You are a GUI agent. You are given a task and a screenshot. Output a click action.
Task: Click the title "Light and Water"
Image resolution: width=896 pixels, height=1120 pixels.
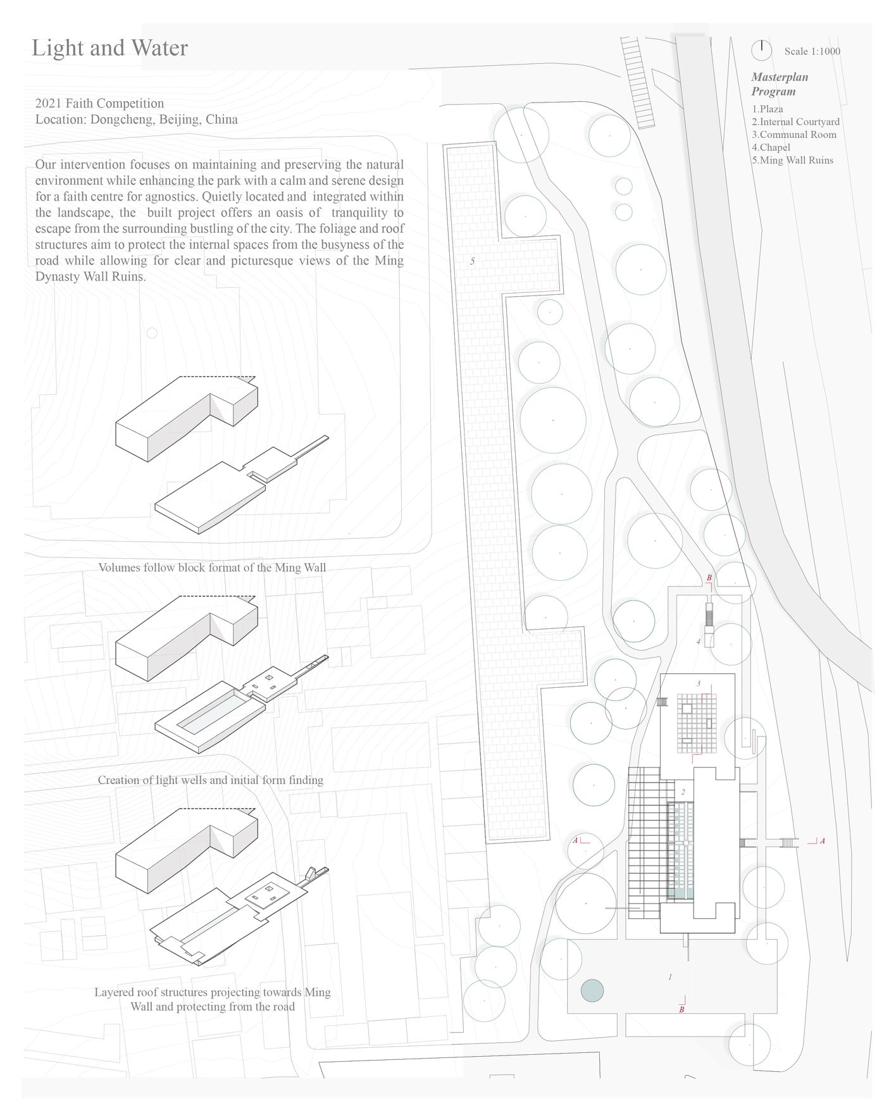click(109, 48)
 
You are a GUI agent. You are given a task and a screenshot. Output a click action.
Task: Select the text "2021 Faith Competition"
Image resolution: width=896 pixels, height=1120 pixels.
click(99, 103)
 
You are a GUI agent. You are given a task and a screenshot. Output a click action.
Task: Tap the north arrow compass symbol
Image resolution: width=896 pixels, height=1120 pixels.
click(761, 49)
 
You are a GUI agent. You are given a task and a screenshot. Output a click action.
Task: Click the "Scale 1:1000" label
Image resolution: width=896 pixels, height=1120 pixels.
click(812, 51)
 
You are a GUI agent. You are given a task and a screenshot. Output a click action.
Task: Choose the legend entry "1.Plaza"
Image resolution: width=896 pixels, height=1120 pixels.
click(767, 109)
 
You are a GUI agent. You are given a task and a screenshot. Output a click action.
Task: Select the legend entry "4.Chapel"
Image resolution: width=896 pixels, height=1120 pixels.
click(771, 147)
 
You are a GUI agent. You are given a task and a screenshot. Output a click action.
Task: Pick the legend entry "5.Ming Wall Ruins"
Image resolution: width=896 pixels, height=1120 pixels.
click(792, 160)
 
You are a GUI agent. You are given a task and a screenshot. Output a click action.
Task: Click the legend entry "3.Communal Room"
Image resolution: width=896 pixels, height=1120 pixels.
click(793, 135)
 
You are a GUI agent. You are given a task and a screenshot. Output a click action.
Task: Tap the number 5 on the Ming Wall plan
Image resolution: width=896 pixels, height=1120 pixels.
click(472, 261)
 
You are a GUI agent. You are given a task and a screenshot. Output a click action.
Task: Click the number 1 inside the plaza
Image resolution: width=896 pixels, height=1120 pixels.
click(670, 977)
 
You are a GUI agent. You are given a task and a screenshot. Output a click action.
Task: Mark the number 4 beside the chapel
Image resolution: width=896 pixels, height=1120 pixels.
click(699, 642)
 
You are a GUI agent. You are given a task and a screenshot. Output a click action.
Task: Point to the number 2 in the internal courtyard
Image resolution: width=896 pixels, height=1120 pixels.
click(683, 792)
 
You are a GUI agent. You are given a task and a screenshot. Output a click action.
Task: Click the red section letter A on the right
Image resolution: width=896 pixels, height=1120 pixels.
click(822, 841)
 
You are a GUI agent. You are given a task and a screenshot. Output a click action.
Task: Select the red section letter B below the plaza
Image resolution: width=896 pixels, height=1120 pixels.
click(681, 1010)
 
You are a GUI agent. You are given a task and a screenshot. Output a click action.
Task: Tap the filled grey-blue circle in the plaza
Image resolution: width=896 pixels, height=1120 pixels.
click(592, 991)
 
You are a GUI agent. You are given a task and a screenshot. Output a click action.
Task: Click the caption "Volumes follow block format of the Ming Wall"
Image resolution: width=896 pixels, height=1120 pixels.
click(212, 568)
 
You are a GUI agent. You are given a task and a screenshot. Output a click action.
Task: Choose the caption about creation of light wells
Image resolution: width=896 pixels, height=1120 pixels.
click(210, 780)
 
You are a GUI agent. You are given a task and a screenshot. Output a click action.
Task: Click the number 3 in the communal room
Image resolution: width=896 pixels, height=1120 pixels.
click(698, 683)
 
